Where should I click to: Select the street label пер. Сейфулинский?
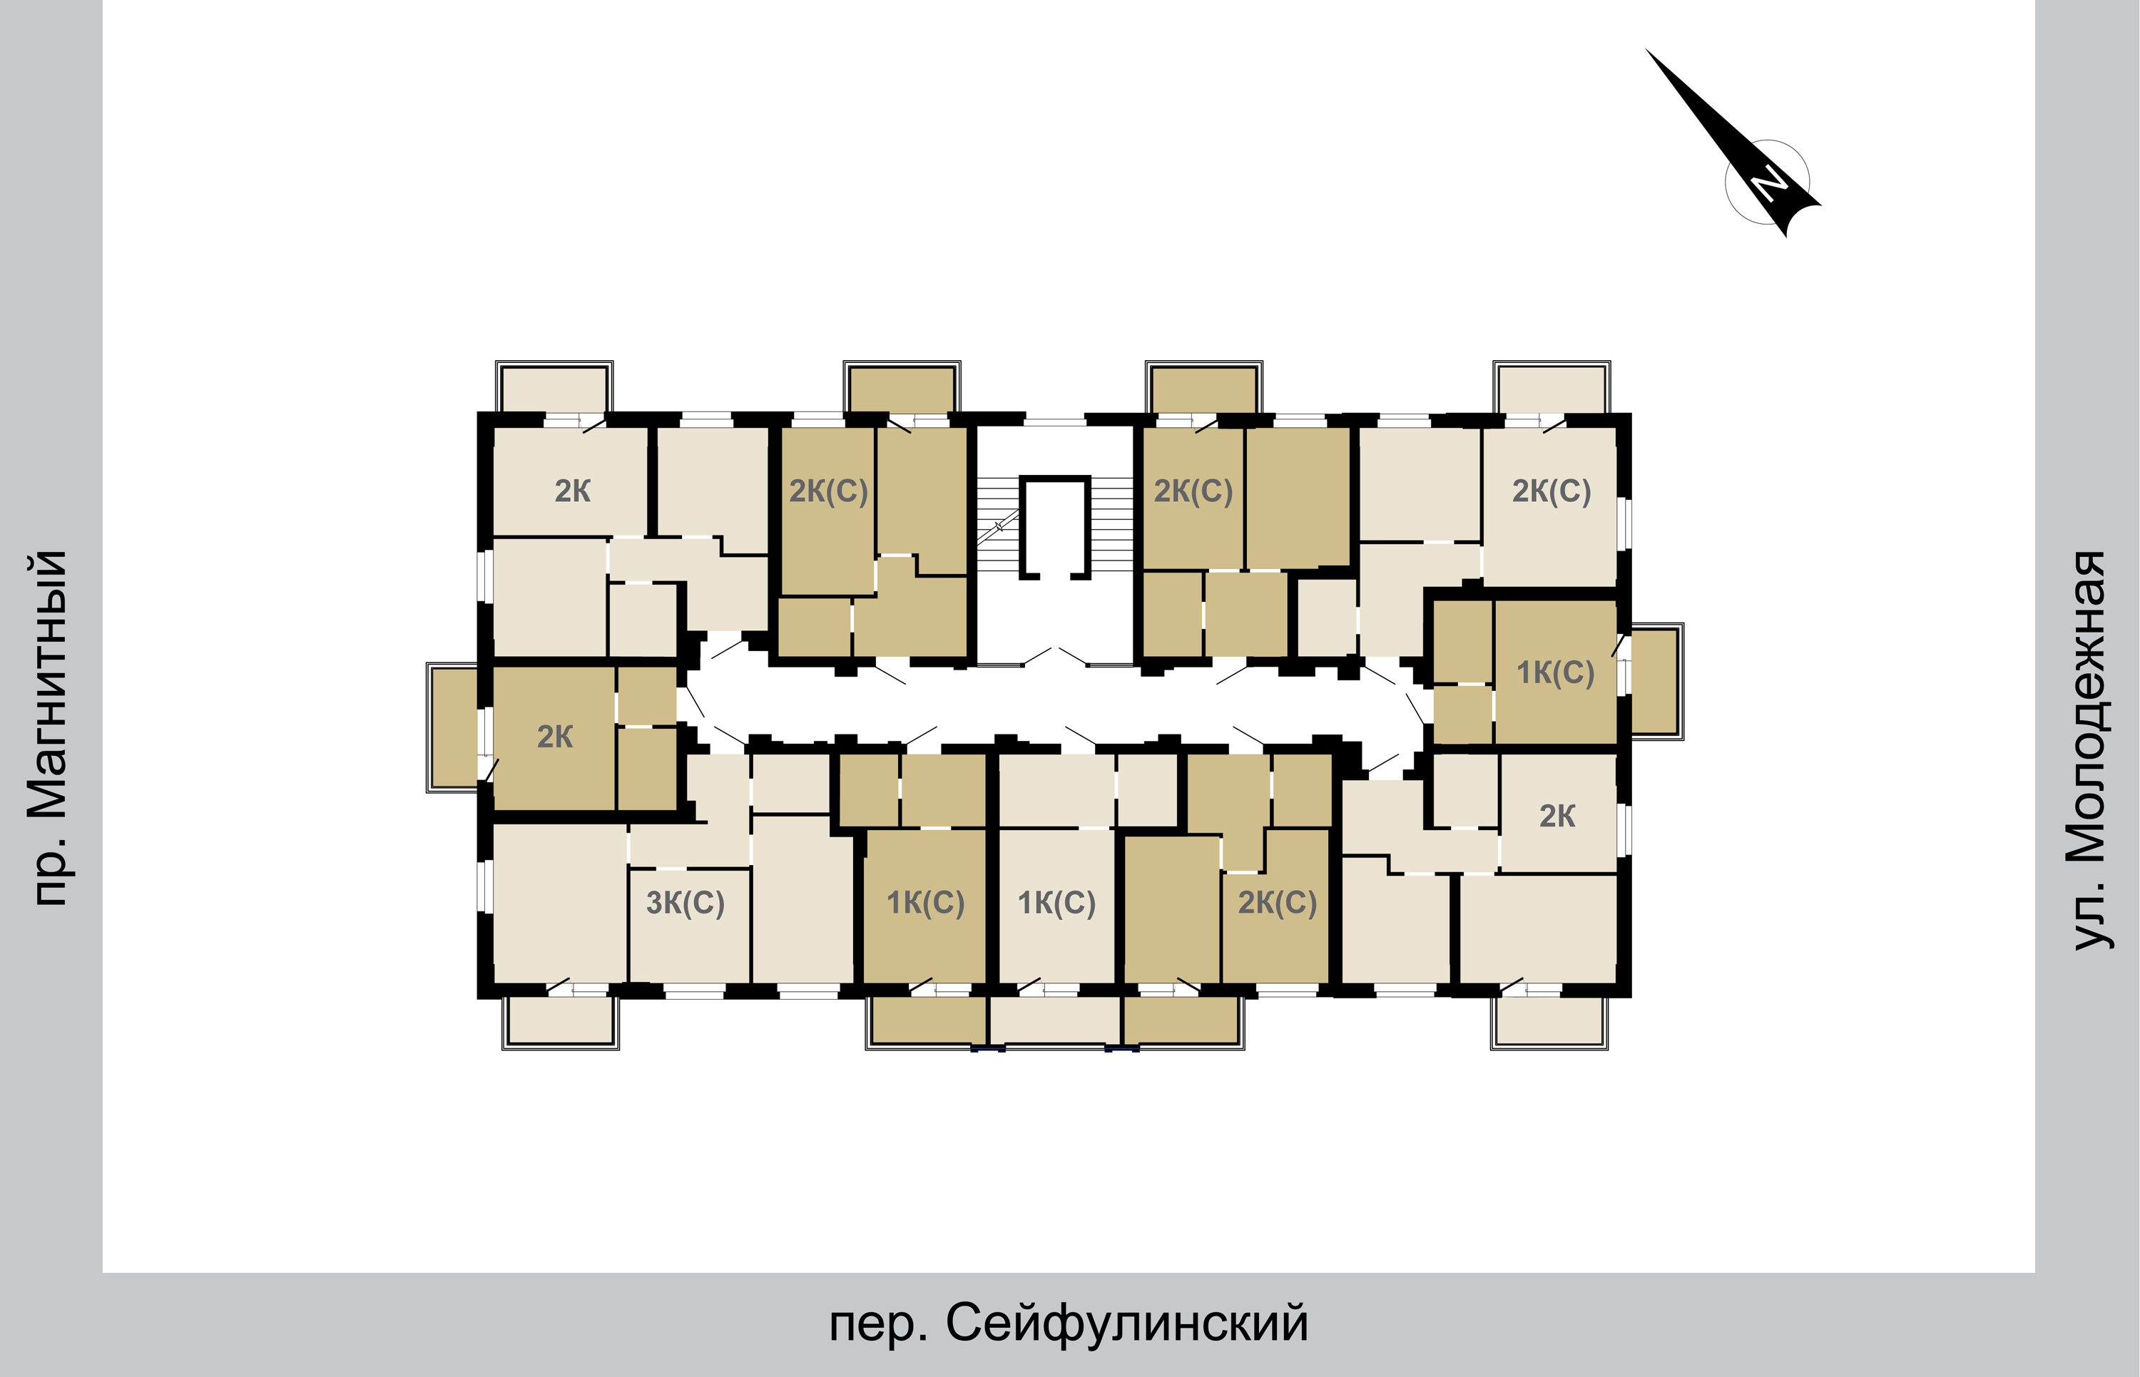click(1069, 1323)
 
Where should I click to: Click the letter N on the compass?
click(1769, 183)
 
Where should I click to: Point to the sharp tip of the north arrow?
click(1646, 49)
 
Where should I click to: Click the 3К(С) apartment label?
click(685, 902)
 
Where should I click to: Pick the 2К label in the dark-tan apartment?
click(554, 737)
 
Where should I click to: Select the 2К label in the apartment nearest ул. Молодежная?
click(1557, 816)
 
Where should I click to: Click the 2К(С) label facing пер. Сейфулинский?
click(1277, 902)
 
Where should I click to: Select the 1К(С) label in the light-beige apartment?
click(1057, 902)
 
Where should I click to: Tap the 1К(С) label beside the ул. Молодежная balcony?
click(1555, 672)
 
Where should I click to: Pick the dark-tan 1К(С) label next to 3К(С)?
click(926, 902)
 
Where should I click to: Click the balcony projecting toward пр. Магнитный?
click(454, 728)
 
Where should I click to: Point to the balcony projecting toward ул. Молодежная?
click(1656, 681)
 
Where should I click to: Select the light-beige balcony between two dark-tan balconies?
click(1055, 1021)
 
